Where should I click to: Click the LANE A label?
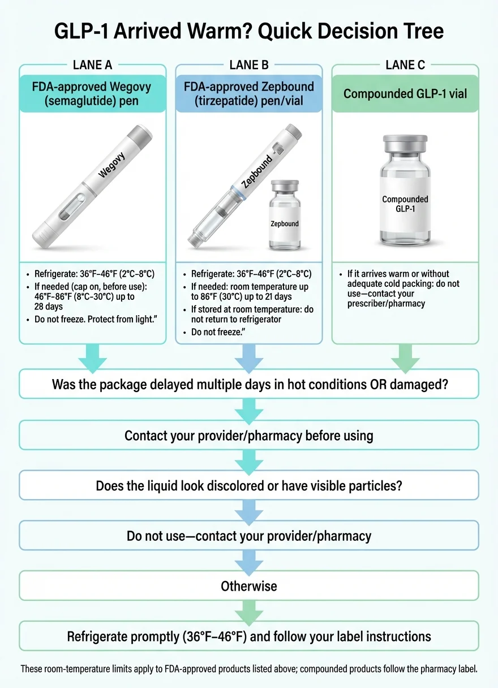coord(93,64)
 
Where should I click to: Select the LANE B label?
coord(249,64)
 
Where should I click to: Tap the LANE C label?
coord(405,64)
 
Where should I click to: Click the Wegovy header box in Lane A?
coord(93,93)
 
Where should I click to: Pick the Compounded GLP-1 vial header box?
coord(405,93)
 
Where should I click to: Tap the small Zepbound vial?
coord(284,214)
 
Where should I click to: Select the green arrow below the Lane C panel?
coord(405,356)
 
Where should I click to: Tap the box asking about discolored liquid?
coord(249,486)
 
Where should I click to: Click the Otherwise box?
coord(249,586)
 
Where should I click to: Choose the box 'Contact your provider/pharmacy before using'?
coord(249,436)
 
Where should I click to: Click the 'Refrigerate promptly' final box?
coord(249,636)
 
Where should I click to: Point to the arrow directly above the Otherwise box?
coord(249,560)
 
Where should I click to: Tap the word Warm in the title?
coord(213,31)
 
